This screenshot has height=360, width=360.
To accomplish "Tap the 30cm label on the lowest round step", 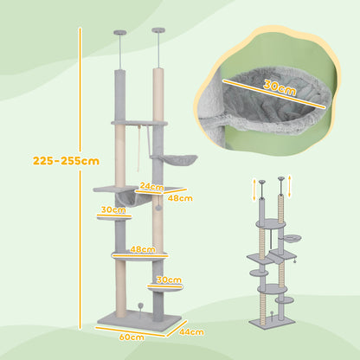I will click(170, 280).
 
